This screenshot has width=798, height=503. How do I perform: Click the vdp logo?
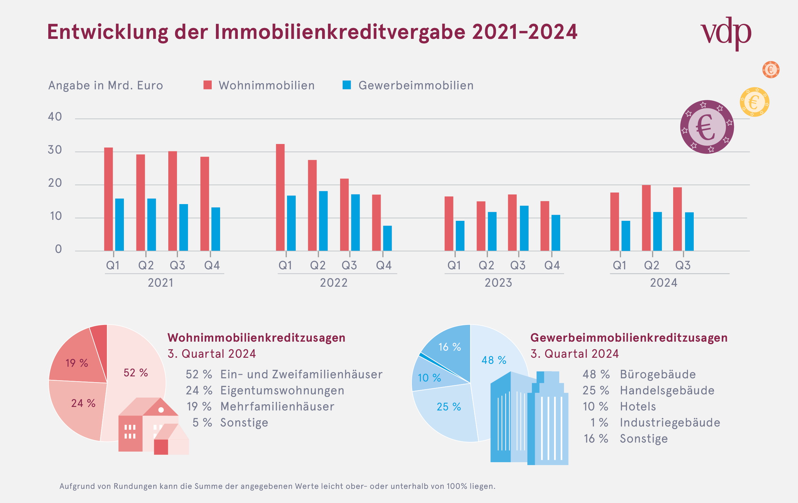pyautogui.click(x=726, y=33)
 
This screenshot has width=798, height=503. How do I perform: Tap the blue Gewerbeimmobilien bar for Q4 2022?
pyautogui.click(x=387, y=238)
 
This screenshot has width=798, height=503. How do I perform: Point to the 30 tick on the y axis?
pyautogui.click(x=55, y=150)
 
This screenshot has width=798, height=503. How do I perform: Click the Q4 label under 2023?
pyautogui.click(x=552, y=265)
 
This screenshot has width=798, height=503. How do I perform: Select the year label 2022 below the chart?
pyautogui.click(x=333, y=283)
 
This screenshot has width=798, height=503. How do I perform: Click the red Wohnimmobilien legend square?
pyautogui.click(x=208, y=85)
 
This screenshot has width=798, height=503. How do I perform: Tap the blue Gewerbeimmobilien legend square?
pyautogui.click(x=347, y=85)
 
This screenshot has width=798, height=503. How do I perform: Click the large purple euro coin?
pyautogui.click(x=707, y=127)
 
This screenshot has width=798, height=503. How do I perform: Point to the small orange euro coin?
pyautogui.click(x=771, y=69)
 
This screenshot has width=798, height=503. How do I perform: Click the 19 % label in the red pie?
pyautogui.click(x=77, y=363)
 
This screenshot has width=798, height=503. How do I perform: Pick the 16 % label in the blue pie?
pyautogui.click(x=450, y=347)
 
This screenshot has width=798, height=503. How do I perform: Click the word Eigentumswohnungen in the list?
pyautogui.click(x=282, y=391)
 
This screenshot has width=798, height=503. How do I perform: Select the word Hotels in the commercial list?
pyautogui.click(x=638, y=406)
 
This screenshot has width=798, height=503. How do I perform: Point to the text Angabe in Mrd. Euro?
pyautogui.click(x=106, y=85)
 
